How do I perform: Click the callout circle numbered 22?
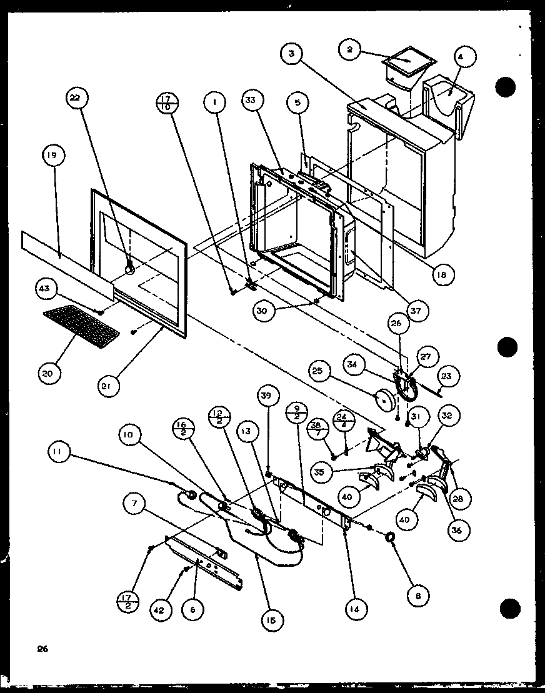pyautogui.click(x=79, y=98)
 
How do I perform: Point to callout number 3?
pyautogui.click(x=292, y=54)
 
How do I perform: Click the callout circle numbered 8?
pyautogui.click(x=417, y=596)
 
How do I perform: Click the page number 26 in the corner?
pyautogui.click(x=42, y=649)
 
